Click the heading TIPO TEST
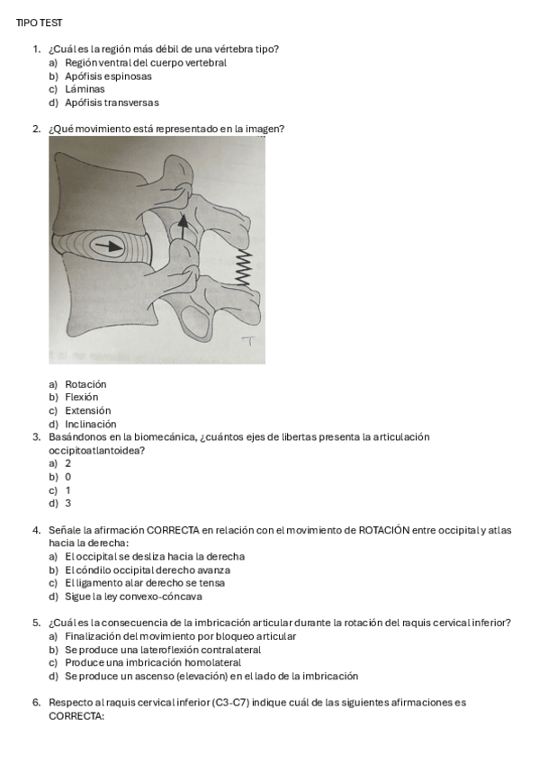coord(40,22)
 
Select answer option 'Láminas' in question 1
coord(85,89)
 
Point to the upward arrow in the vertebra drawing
coord(184,226)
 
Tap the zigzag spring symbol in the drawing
coord(240,267)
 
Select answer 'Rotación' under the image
coord(85,384)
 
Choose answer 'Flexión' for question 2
coord(82,397)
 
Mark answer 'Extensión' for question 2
coord(87,410)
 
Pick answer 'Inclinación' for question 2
coord(91,424)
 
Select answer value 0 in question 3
coord(68,477)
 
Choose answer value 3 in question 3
coord(68,504)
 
